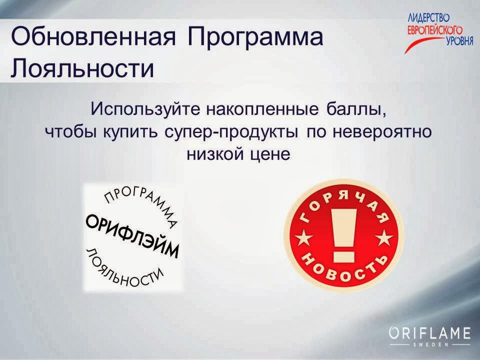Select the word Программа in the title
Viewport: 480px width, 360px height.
click(255, 38)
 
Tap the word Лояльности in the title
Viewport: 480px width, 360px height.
click(82, 68)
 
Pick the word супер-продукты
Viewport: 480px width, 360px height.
click(229, 132)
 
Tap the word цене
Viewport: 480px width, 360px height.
click(269, 153)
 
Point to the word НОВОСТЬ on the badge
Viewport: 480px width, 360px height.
click(342, 268)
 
